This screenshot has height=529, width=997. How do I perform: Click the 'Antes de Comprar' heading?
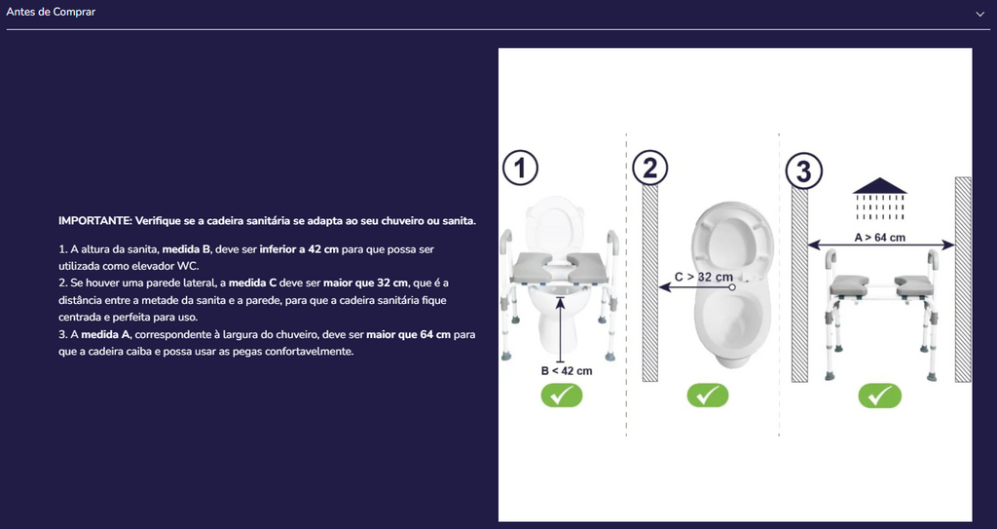(51, 12)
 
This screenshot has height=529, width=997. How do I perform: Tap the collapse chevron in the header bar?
(979, 14)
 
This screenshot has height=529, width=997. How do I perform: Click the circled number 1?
(520, 169)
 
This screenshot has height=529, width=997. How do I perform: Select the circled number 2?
(649, 169)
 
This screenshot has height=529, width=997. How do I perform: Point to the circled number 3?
(803, 171)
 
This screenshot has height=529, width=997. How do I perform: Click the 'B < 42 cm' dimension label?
(567, 371)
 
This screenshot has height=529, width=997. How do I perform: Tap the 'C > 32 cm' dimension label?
(704, 277)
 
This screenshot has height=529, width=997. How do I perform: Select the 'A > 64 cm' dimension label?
(880, 238)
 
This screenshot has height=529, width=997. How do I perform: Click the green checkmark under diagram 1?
(562, 396)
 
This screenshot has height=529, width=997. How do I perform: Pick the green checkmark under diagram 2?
(707, 396)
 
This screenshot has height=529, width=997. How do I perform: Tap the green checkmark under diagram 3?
(879, 396)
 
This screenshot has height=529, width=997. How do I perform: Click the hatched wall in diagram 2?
(649, 283)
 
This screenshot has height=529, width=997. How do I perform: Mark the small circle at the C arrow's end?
(732, 287)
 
